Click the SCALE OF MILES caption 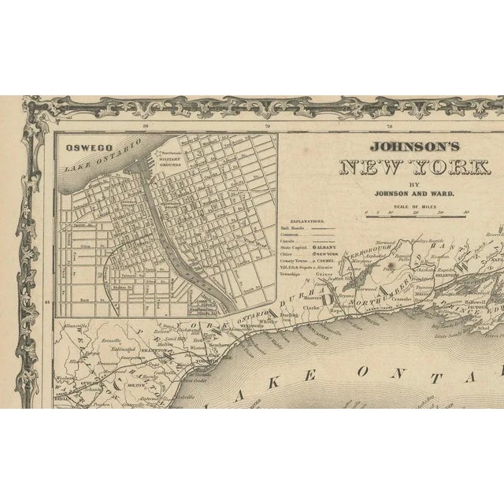414,206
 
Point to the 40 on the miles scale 466,213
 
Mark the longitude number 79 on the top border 268,124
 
